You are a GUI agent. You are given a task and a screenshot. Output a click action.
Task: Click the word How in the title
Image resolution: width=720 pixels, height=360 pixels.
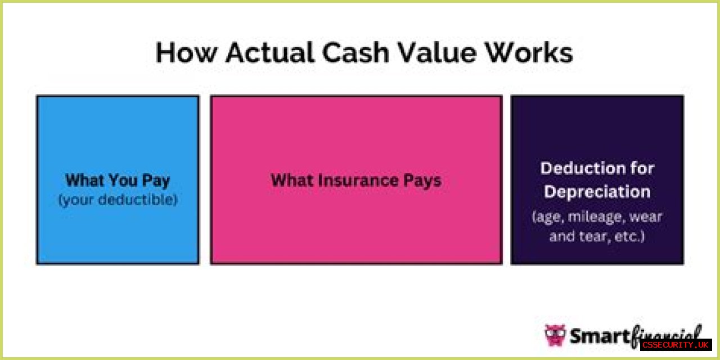pos(186,52)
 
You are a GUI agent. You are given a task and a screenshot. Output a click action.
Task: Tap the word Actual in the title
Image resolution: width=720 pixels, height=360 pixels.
pos(269,52)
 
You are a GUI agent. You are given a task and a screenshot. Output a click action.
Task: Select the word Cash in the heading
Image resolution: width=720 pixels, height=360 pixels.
pos(355,52)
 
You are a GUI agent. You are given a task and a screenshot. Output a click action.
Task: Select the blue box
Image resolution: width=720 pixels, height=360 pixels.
pos(118,180)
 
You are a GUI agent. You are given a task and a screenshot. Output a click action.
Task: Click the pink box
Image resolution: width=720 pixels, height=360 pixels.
pos(356,180)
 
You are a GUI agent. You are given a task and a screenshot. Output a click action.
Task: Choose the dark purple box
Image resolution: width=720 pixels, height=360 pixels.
pos(597,180)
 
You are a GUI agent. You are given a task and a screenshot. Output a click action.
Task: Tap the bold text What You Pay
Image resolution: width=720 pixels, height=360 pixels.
pos(118,181)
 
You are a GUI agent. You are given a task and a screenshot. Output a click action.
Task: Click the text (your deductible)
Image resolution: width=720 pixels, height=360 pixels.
pos(118,200)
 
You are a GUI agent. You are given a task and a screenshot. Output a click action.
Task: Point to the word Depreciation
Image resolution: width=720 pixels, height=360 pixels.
pos(597,192)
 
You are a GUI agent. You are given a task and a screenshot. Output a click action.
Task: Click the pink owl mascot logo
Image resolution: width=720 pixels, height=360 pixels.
pos(555,335)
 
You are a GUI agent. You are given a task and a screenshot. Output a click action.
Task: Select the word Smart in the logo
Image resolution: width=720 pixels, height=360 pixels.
pos(600,336)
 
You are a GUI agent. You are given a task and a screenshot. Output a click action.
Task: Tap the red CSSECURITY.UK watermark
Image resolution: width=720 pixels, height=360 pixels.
pos(676,345)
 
